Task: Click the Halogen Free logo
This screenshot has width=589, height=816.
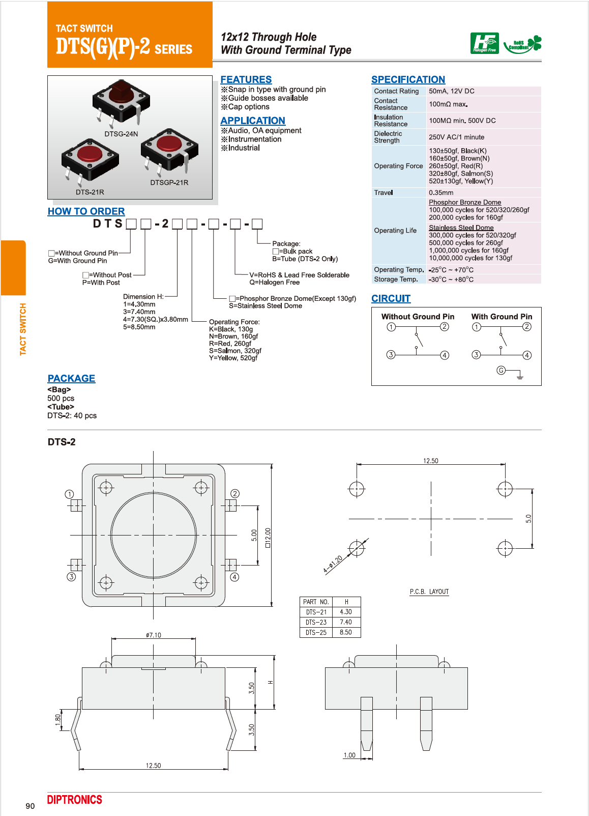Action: pos(484,43)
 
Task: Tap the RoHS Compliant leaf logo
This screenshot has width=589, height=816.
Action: pos(523,44)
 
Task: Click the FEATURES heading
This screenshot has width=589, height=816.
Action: pos(246,79)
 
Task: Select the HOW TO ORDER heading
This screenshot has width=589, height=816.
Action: pos(86,211)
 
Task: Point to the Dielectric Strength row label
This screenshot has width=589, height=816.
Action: pos(388,137)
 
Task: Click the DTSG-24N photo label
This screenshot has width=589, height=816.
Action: pos(121,134)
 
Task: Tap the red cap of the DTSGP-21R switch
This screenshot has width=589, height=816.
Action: pos(169,143)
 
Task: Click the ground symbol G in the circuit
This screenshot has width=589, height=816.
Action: pos(502,370)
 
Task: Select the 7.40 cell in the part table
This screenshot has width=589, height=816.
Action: pos(346,622)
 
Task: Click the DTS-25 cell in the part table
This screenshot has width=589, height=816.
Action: pos(316,632)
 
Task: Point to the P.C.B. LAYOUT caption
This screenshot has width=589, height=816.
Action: pos(429,592)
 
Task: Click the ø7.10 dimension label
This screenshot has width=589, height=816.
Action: pos(153,635)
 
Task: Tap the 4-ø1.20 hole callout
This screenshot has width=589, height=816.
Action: pos(333,565)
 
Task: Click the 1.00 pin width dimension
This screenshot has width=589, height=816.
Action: pos(349,755)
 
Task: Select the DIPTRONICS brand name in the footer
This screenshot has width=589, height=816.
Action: pos(75,800)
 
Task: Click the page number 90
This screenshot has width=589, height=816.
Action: pos(30,806)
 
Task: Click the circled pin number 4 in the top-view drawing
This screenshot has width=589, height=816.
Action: pos(234,577)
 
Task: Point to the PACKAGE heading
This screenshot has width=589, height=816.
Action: pos(71,378)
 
